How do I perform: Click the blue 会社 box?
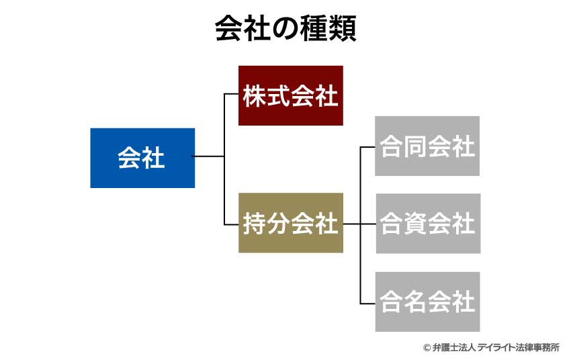(x=142, y=158)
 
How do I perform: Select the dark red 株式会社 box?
(x=290, y=95)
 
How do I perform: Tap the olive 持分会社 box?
(x=290, y=223)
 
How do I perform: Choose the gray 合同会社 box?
(x=427, y=146)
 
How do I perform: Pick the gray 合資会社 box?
(x=428, y=224)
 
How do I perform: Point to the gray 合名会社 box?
(x=427, y=302)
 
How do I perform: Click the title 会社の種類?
(x=285, y=29)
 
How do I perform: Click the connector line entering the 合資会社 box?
(x=368, y=224)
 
